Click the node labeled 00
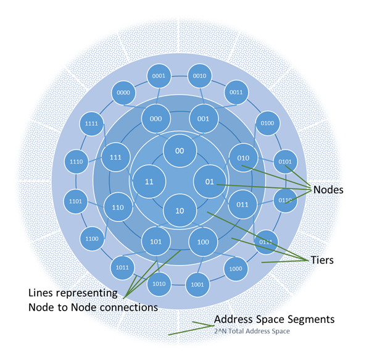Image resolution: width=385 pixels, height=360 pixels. (x=180, y=151)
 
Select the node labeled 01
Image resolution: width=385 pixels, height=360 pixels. (x=210, y=182)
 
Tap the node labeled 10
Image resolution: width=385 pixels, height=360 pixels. (x=180, y=211)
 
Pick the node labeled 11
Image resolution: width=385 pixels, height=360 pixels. (x=149, y=182)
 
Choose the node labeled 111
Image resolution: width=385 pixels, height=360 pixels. (x=116, y=157)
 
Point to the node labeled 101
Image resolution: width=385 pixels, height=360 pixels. (x=155, y=241)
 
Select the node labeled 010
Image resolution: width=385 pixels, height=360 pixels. (x=244, y=157)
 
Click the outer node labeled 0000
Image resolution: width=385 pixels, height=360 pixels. (x=123, y=93)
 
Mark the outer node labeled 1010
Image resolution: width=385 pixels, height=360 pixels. (x=159, y=283)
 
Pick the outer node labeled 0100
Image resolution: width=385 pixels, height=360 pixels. (x=268, y=123)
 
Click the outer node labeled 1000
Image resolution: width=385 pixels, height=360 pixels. (x=236, y=269)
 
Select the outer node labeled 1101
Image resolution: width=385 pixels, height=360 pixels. (x=75, y=201)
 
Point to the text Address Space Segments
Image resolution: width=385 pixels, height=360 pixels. (x=274, y=319)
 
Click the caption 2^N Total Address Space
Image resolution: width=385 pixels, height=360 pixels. (x=252, y=332)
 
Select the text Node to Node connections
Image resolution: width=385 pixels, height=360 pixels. (x=93, y=307)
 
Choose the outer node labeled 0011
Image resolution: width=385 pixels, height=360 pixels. (x=236, y=93)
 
